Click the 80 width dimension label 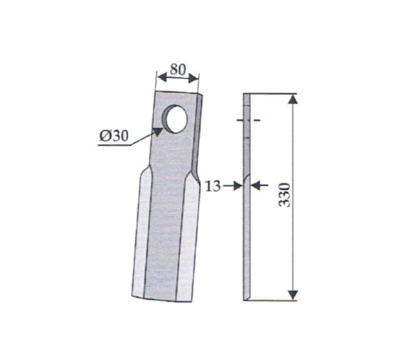pos(178,70)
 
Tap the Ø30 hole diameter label pos(114,136)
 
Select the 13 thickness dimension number pos(213,186)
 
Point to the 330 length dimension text pos(285,195)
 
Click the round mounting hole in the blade pos(175,119)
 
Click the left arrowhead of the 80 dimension pos(162,78)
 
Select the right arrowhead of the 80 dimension pos(193,78)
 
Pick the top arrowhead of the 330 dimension pos(293,99)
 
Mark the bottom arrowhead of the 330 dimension pos(293,295)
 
